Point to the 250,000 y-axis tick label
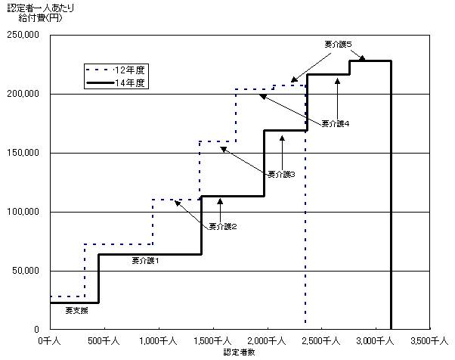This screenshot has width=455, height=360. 23,35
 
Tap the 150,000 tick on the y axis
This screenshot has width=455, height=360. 23,153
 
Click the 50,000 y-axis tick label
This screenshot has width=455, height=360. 26,271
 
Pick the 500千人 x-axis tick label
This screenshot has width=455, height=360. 104,341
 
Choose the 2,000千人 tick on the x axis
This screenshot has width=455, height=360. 266,341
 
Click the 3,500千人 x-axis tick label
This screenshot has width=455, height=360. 429,341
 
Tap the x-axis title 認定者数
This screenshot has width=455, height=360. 239,352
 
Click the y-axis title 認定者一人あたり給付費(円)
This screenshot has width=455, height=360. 41,13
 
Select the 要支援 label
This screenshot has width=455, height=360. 76,311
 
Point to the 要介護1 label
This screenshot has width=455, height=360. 145,261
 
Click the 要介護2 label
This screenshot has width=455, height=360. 223,226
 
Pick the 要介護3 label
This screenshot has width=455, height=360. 281,174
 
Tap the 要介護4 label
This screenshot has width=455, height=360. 335,124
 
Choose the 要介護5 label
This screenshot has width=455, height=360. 338,44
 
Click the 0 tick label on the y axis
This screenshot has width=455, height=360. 36,330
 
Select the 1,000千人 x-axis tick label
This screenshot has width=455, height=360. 158,341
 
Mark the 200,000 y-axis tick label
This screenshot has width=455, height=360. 23,94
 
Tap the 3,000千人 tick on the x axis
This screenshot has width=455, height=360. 375,341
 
